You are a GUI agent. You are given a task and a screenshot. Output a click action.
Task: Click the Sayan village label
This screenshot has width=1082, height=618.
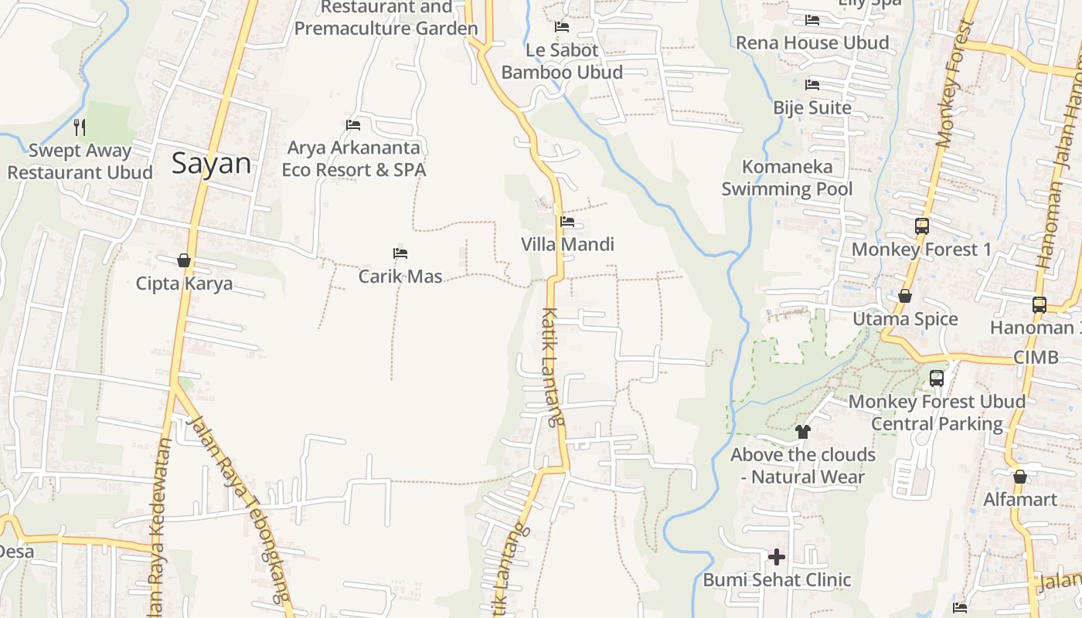pyautogui.click(x=211, y=163)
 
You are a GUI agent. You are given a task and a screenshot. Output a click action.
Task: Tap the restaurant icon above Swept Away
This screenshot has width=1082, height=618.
pyautogui.click(x=79, y=127)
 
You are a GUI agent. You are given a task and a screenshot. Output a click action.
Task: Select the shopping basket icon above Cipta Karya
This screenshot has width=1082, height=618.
pyautogui.click(x=184, y=260)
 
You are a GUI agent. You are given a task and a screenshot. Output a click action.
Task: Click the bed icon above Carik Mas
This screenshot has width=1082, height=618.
pyautogui.click(x=400, y=253)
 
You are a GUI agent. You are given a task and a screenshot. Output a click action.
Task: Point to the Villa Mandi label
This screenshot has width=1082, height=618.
pyautogui.click(x=567, y=245)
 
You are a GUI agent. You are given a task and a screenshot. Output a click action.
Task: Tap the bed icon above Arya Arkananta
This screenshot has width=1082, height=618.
pyautogui.click(x=353, y=124)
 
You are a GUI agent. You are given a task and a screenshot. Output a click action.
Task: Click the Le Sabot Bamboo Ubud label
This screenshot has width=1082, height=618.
pyautogui.click(x=562, y=61)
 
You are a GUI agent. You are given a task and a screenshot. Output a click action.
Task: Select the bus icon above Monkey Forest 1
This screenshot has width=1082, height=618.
pyautogui.click(x=921, y=226)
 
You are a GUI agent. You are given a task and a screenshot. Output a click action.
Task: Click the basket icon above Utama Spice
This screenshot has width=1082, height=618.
pyautogui.click(x=904, y=296)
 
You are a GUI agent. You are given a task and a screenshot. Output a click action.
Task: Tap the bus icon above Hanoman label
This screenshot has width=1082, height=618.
pyautogui.click(x=1039, y=304)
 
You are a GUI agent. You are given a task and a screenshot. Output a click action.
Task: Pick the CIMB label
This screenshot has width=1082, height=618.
pyautogui.click(x=1036, y=358)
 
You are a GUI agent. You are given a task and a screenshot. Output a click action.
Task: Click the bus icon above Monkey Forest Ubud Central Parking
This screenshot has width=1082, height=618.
pyautogui.click(x=937, y=379)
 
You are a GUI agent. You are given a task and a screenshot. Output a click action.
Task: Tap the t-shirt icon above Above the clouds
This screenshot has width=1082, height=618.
pyautogui.click(x=802, y=432)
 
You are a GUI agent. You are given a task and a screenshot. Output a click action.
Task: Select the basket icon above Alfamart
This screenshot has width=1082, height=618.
pyautogui.click(x=1020, y=477)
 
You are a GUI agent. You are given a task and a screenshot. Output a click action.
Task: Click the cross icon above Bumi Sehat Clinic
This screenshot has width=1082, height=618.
pyautogui.click(x=777, y=557)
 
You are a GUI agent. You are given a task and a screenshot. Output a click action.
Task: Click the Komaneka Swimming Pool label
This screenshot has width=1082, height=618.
pyautogui.click(x=787, y=178)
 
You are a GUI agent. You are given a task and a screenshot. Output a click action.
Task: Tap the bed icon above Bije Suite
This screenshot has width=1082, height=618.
pyautogui.click(x=812, y=84)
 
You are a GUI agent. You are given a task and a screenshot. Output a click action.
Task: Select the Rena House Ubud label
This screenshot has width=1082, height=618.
pyautogui.click(x=812, y=42)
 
